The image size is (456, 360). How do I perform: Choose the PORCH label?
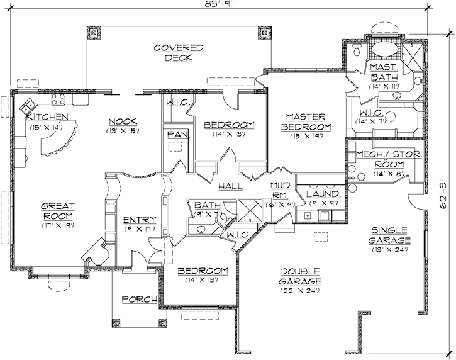click(x=138, y=300)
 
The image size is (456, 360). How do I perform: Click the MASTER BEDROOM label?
click(x=304, y=121)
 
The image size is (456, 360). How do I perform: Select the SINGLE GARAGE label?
click(x=390, y=235)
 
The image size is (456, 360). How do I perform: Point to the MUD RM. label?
click(x=279, y=189)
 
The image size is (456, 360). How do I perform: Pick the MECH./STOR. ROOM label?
click(x=388, y=159)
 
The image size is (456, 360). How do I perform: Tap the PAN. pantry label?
click(x=175, y=134)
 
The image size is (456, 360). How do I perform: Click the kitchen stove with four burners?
click(x=58, y=98)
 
